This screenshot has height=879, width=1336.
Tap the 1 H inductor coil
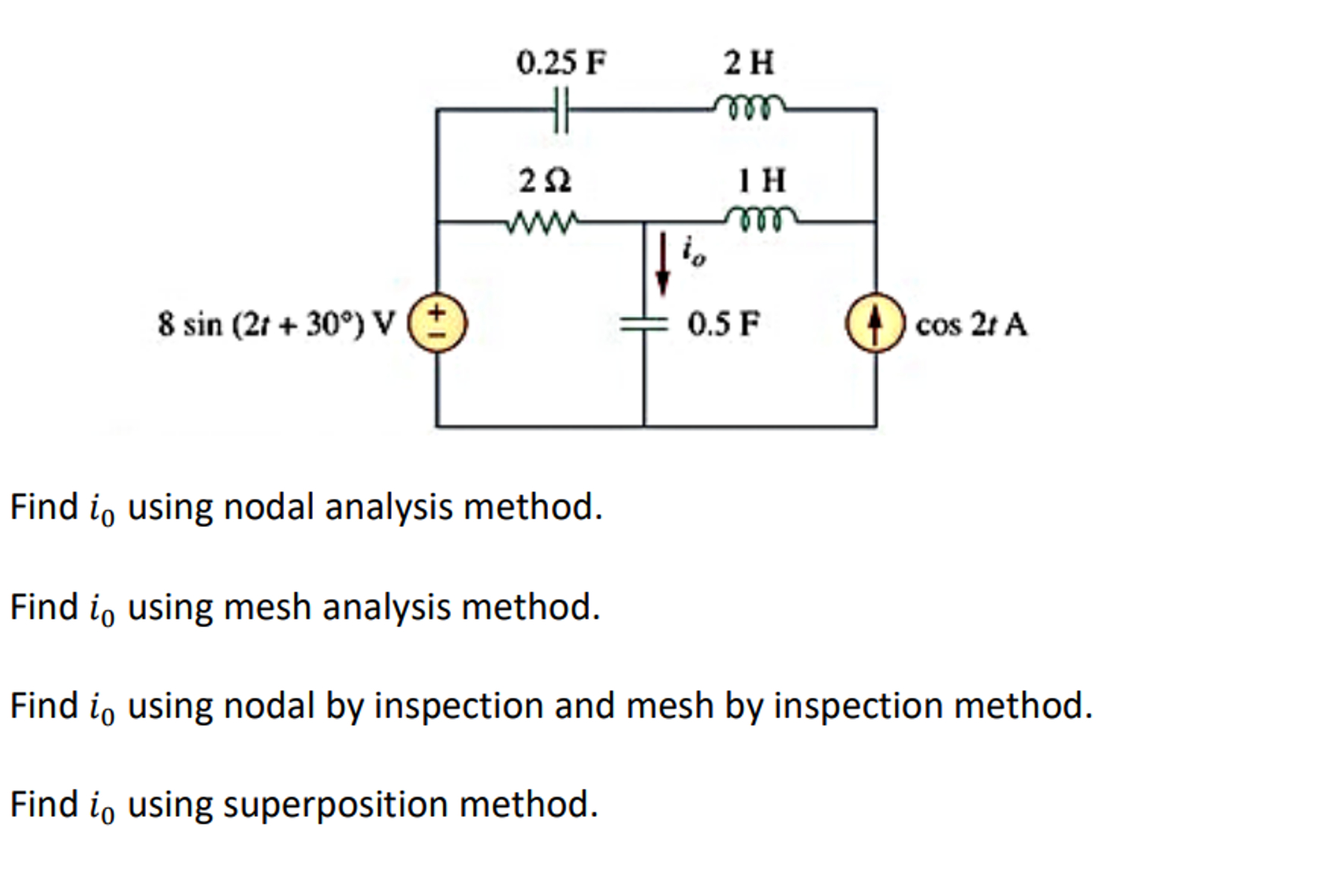(761, 219)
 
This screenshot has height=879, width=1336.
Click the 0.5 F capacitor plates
(643, 325)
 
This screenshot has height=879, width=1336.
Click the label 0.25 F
(561, 63)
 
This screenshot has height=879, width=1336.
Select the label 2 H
(749, 63)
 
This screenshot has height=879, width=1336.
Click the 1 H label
(762, 181)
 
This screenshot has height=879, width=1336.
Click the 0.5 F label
(722, 324)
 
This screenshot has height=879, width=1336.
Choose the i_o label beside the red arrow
(693, 250)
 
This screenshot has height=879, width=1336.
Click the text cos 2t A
(970, 325)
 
